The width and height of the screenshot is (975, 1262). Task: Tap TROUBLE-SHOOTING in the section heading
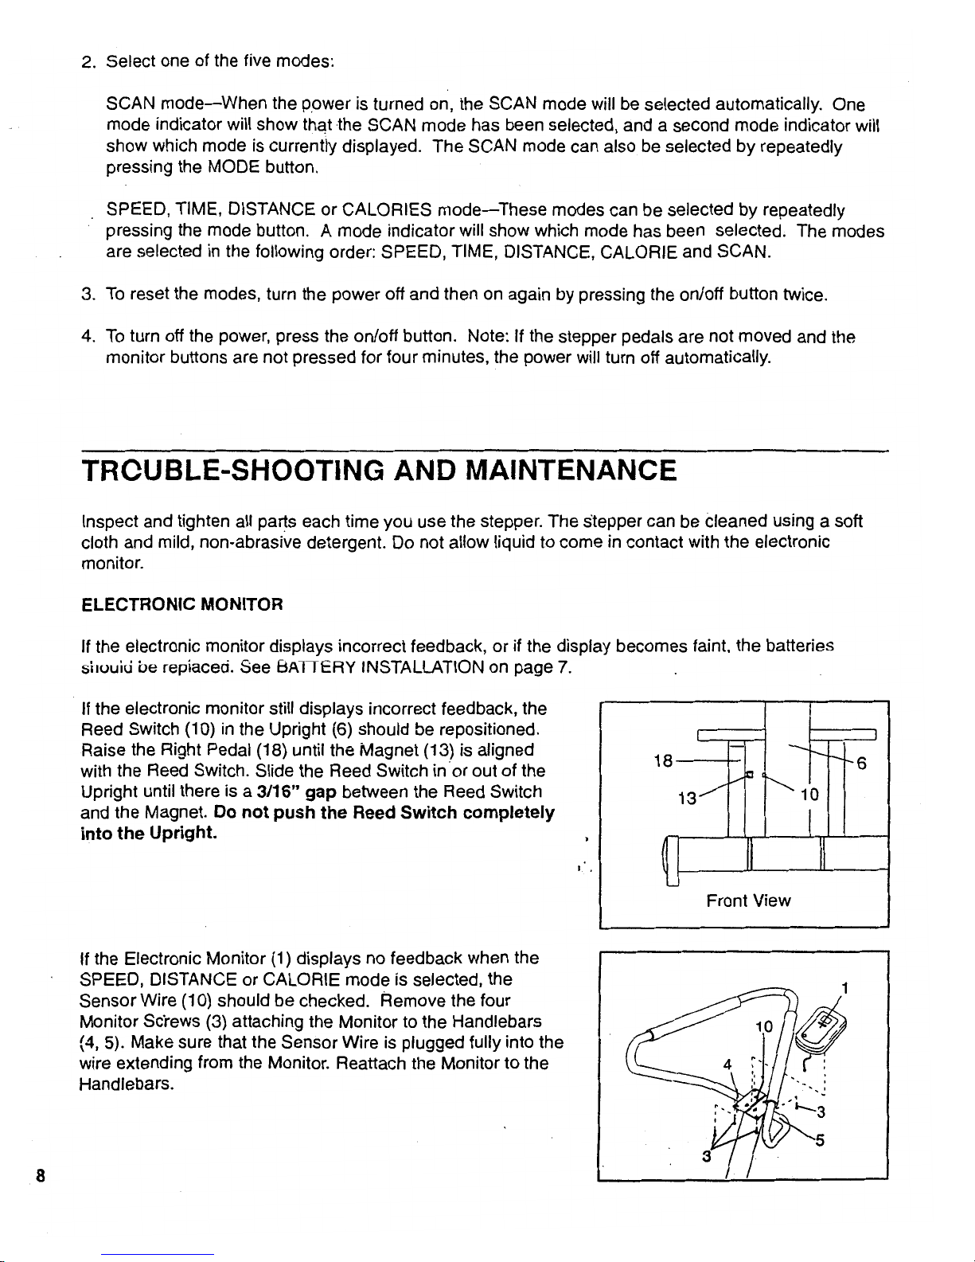226,471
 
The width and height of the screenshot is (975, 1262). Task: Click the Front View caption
748,901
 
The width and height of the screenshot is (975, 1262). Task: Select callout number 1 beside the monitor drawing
846,988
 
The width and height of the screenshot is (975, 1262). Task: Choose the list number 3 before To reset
88,296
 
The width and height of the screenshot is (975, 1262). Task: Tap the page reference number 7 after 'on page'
562,665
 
